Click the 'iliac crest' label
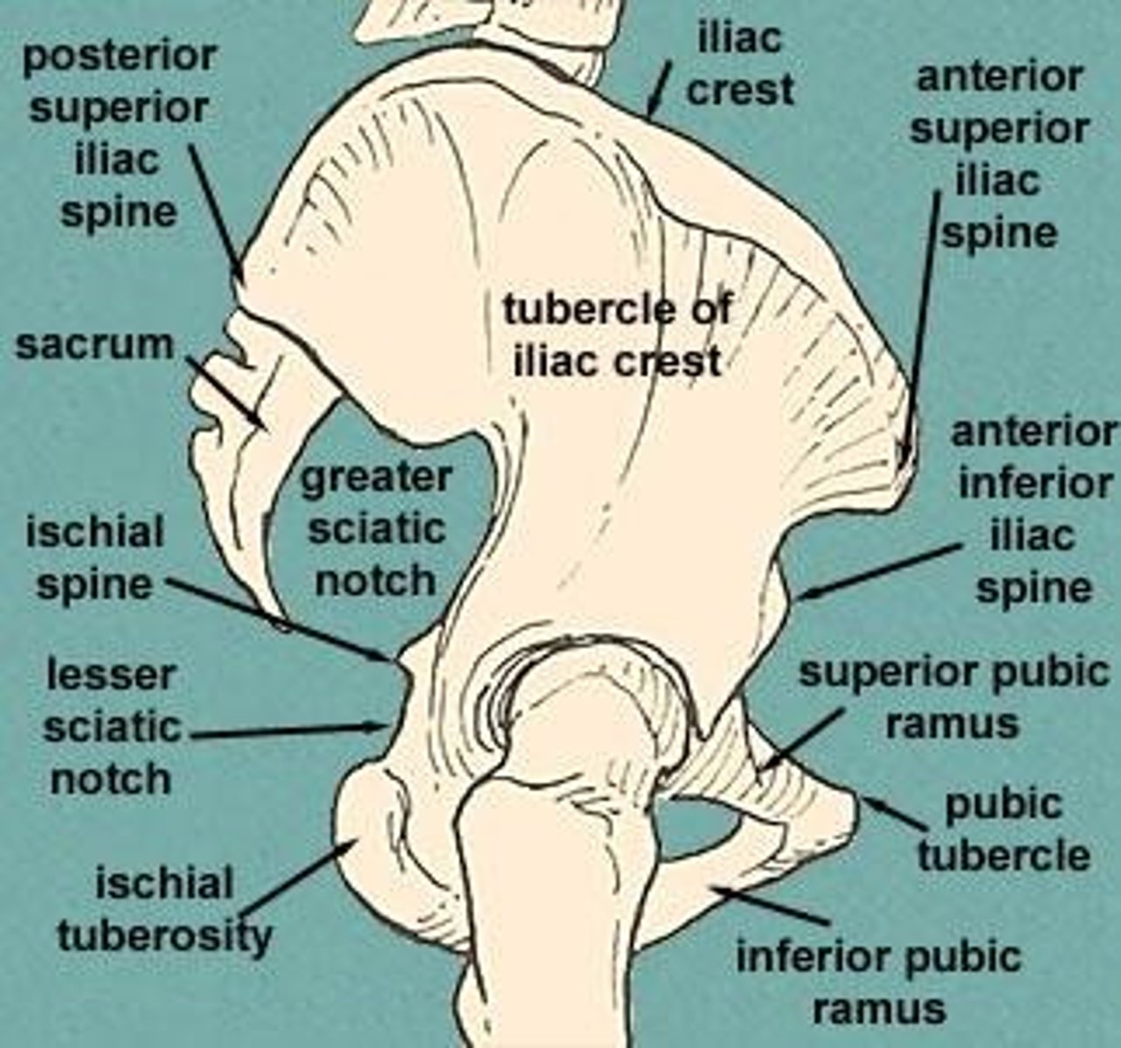739,65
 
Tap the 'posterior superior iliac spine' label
119,134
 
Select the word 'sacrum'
94,345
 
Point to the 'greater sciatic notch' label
376,528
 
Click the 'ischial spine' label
94,558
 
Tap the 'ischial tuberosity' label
164,909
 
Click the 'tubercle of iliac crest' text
617,335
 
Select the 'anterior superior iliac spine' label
999,155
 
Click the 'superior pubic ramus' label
954,698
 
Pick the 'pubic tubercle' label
1003,830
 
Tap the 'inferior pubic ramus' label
878,982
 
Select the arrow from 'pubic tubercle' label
896,814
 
